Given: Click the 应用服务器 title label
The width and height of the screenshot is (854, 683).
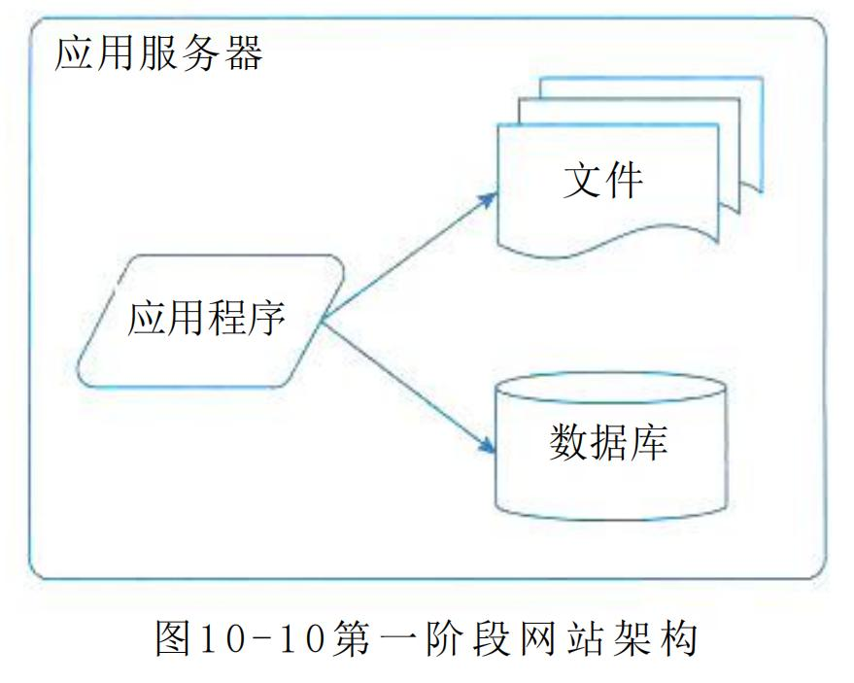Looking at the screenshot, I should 158,53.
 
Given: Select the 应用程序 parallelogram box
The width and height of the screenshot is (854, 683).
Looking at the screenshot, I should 208,321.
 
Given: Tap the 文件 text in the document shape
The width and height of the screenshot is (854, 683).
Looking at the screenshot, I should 602,182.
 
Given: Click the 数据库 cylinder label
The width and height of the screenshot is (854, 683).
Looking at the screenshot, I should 609,443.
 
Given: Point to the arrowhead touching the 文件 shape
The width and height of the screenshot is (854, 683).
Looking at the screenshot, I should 490,197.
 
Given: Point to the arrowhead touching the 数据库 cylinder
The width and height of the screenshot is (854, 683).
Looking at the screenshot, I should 488,449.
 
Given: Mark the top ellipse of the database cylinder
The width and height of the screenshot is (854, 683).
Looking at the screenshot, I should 610,386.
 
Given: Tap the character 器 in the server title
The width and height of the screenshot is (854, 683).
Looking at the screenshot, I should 243,53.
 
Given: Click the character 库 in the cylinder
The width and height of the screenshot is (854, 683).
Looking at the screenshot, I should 649,443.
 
